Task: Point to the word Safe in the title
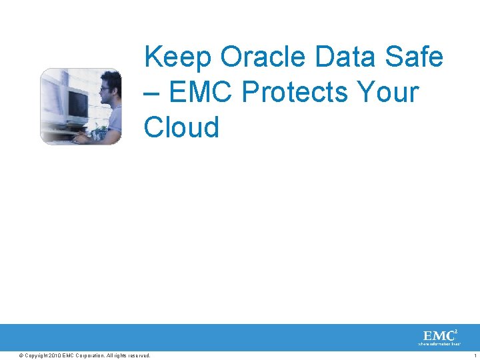(x=415, y=58)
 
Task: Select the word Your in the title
(x=387, y=93)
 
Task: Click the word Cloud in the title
(x=181, y=127)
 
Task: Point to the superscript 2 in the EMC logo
(x=455, y=331)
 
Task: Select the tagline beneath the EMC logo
(x=439, y=344)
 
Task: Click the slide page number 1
(x=475, y=355)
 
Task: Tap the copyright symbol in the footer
(x=21, y=355)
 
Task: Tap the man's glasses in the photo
(x=105, y=88)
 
